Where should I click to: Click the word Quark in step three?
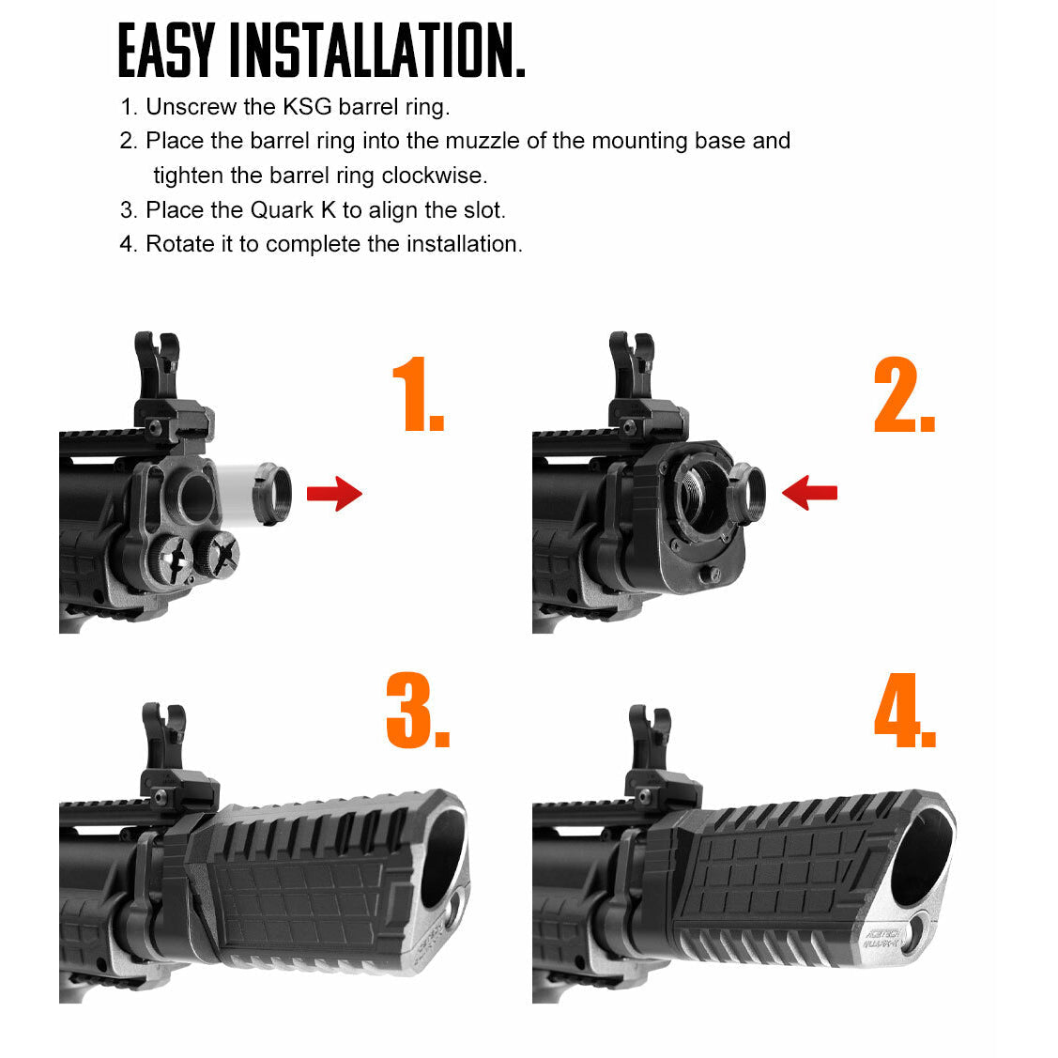coord(282,210)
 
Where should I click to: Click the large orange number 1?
coord(416,394)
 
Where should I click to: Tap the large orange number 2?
coord(902,395)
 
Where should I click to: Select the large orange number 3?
coord(417,711)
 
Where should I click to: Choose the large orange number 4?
coord(904,711)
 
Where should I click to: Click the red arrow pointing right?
coord(334,493)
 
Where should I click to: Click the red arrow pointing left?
coord(809,492)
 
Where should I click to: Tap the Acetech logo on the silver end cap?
coord(882,938)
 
